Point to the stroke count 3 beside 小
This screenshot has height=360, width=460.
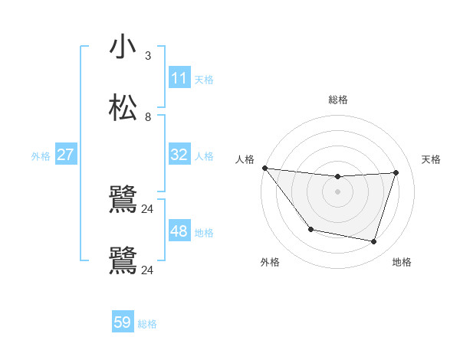[x=148, y=56]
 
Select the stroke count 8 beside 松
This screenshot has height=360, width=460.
[x=148, y=117]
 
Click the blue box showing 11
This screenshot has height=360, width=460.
[x=179, y=78]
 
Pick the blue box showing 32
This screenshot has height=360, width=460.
[x=179, y=155]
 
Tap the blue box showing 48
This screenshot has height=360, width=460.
[x=179, y=231]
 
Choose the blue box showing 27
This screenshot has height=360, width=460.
[x=65, y=155]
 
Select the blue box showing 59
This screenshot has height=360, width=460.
[x=123, y=322]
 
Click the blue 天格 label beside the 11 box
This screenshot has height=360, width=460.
[x=204, y=79]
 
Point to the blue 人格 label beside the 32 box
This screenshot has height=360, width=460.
[x=204, y=155]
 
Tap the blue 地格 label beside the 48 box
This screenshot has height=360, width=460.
[x=204, y=232]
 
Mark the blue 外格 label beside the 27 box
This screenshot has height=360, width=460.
[x=41, y=155]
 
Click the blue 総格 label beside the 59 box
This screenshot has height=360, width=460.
[x=147, y=323]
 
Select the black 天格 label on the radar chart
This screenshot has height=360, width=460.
[x=431, y=159]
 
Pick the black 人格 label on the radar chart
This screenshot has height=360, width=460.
[x=245, y=159]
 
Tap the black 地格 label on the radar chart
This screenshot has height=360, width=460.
[x=402, y=262]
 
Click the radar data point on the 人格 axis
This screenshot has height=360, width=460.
[x=264, y=168]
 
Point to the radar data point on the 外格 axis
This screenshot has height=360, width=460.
[x=310, y=229]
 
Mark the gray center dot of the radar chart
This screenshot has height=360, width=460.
[x=337, y=191]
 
